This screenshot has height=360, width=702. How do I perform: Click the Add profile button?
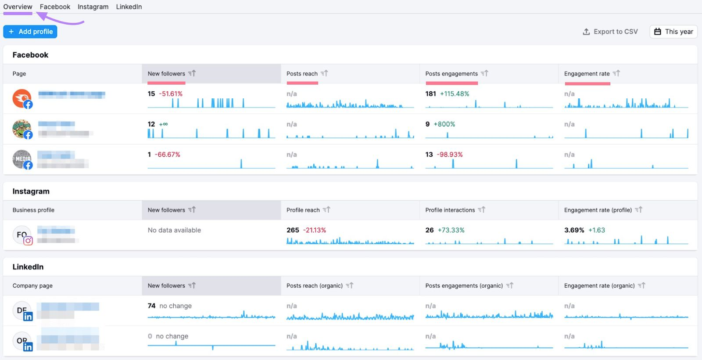pyautogui.click(x=30, y=32)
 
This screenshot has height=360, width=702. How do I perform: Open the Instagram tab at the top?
pyautogui.click(x=93, y=7)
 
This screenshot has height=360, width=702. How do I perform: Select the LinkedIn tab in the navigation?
pyautogui.click(x=129, y=7)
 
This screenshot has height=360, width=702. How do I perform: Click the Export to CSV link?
pyautogui.click(x=610, y=32)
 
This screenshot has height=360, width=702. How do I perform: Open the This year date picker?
pyautogui.click(x=673, y=32)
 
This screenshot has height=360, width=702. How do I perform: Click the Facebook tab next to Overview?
pyautogui.click(x=55, y=7)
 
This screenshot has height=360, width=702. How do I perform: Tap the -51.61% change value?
pyautogui.click(x=171, y=94)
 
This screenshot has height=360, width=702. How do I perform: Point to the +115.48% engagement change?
pyautogui.click(x=455, y=94)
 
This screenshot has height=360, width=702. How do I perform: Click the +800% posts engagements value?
pyautogui.click(x=444, y=124)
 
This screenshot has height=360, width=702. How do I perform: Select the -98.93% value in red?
pyautogui.click(x=450, y=155)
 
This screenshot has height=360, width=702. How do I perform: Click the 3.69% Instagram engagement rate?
pyautogui.click(x=574, y=230)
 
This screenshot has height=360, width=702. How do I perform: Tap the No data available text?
pyautogui.click(x=174, y=230)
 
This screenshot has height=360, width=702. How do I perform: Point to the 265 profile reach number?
pyautogui.click(x=293, y=230)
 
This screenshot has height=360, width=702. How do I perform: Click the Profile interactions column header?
pyautogui.click(x=450, y=210)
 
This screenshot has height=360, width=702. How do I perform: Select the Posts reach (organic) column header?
pyautogui.click(x=315, y=285)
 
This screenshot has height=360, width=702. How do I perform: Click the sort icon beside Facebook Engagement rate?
pyautogui.click(x=616, y=73)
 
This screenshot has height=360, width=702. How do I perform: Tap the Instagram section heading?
pyautogui.click(x=31, y=191)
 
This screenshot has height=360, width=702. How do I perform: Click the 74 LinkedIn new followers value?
pyautogui.click(x=151, y=306)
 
